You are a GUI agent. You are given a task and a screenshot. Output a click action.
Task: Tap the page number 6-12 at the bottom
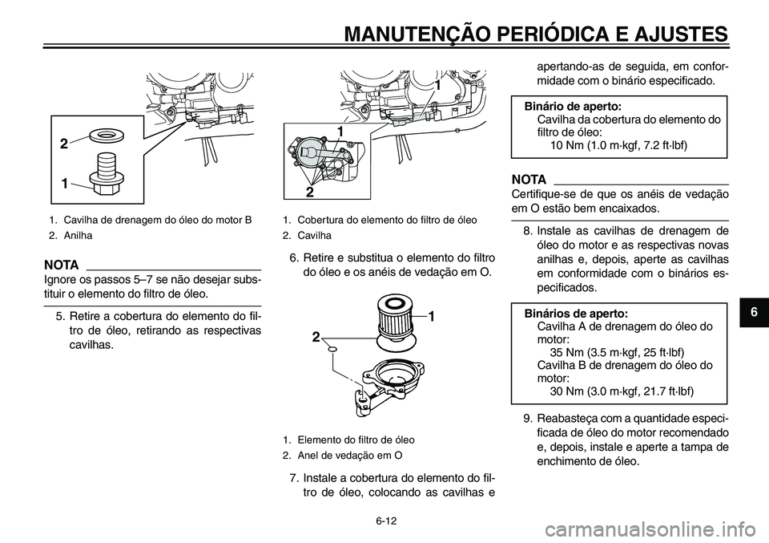point(384,521)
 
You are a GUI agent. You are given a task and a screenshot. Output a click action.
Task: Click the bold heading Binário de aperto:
point(572,106)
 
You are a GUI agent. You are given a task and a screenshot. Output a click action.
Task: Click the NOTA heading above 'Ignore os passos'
point(62,264)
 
